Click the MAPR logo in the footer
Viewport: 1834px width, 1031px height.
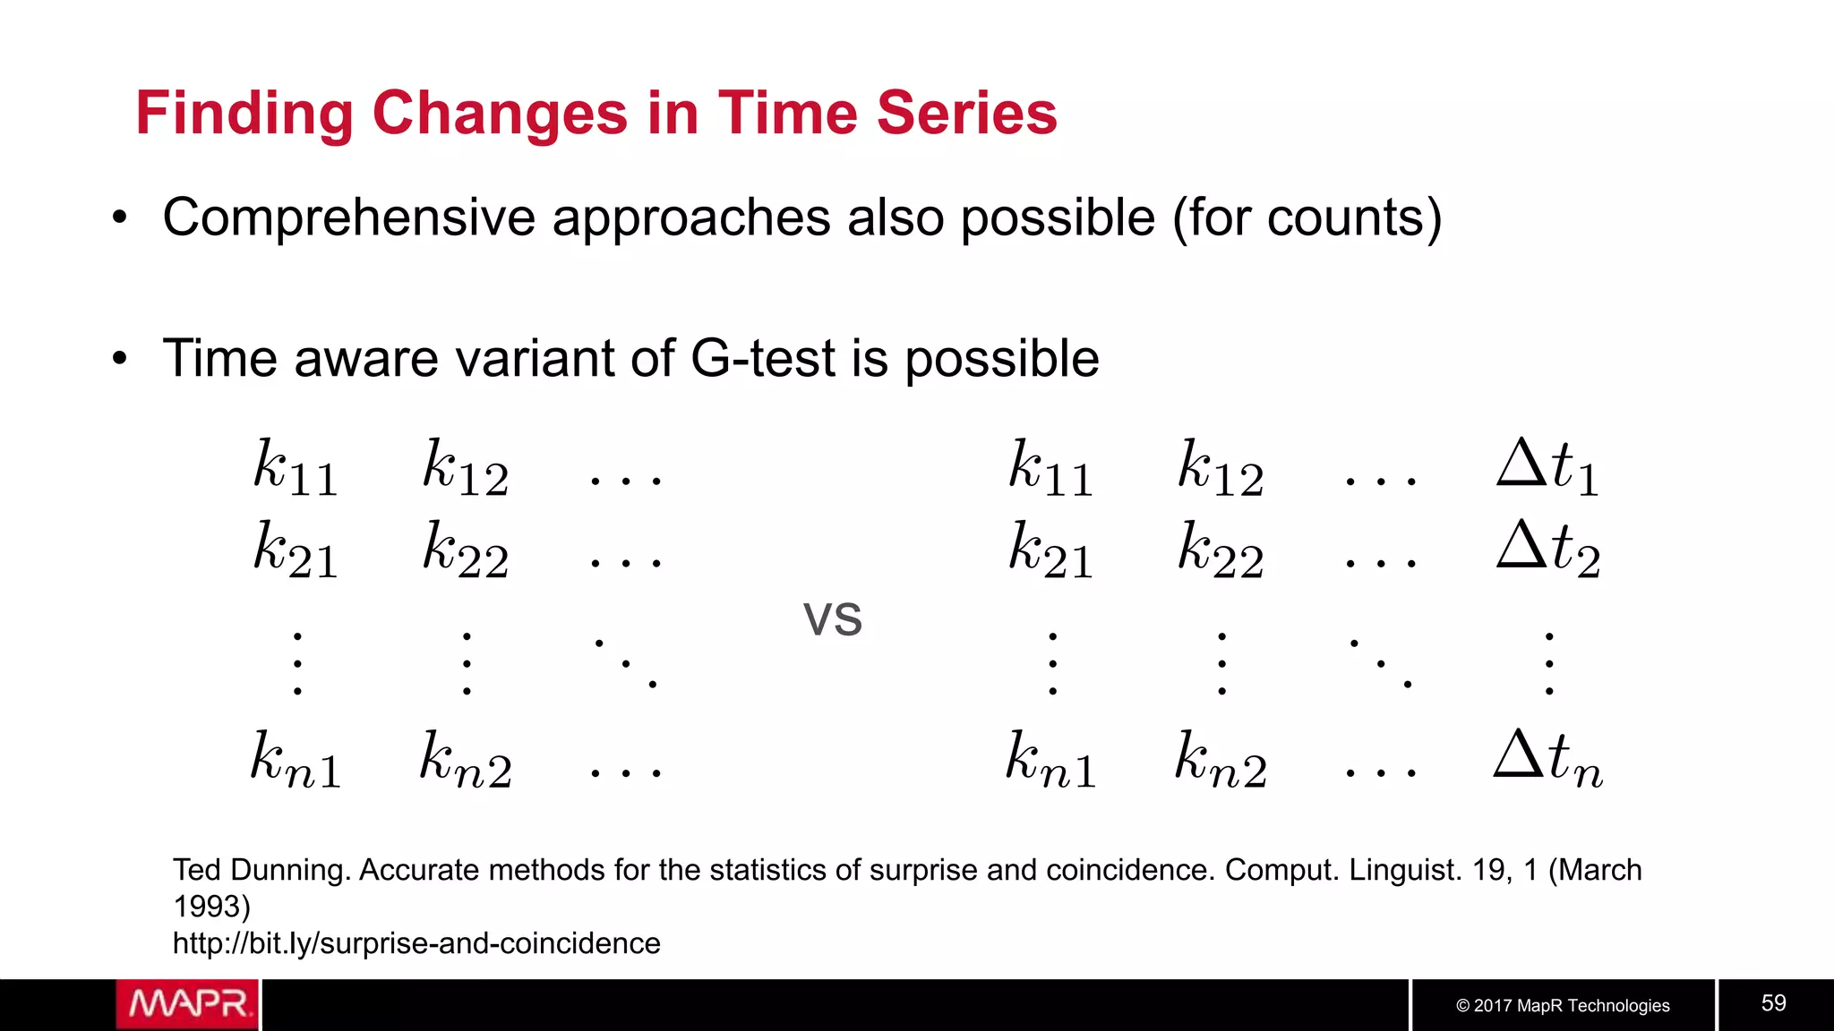point(187,1004)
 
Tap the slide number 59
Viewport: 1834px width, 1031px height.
point(1773,1002)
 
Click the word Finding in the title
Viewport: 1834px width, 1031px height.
point(244,114)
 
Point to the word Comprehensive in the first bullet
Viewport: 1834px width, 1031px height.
point(347,217)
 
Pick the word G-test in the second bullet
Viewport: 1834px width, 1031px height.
point(764,358)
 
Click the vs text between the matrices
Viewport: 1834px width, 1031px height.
point(832,618)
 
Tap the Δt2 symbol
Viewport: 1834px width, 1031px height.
point(1547,548)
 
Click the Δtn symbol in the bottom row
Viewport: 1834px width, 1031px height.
point(1547,759)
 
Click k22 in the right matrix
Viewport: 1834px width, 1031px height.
point(1221,548)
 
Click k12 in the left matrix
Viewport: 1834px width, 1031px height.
point(466,467)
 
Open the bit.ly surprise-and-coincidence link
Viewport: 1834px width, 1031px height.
point(416,943)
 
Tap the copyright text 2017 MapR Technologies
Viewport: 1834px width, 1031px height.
point(1563,1005)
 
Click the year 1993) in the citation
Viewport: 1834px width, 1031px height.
point(211,907)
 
